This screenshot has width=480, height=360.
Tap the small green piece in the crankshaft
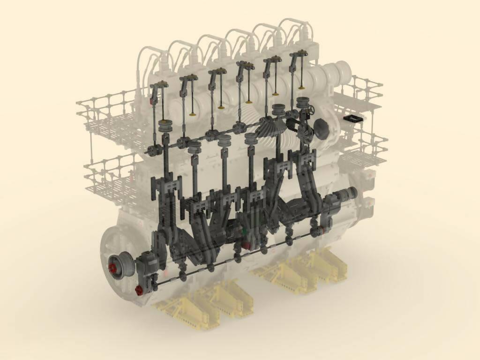244,232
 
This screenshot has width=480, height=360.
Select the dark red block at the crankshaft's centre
246,245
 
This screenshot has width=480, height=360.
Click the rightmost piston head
303,102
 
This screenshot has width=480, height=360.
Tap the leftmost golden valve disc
192,113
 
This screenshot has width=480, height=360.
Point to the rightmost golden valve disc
301,87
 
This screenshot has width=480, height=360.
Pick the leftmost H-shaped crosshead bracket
165,185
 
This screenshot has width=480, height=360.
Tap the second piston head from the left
195,147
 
